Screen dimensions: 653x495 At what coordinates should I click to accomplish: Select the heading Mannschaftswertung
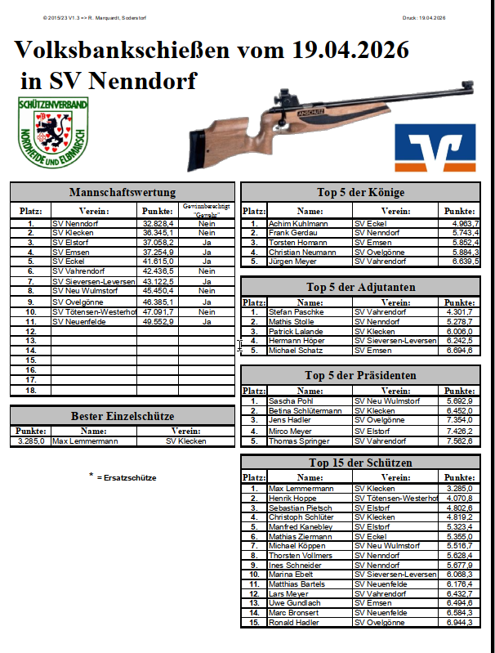pos(123,193)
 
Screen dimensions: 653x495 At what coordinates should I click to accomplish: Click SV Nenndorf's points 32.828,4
pos(158,223)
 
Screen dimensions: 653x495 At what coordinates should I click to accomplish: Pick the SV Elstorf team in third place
pos(69,242)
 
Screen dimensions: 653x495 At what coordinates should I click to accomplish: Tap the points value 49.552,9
pos(158,321)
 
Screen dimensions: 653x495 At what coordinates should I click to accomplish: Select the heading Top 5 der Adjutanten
pos(360,287)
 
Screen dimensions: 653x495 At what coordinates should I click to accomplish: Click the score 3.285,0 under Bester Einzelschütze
pos(31,441)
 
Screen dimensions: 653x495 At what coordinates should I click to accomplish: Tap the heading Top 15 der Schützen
pos(360,463)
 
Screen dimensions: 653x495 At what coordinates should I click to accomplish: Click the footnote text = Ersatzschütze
pos(126,477)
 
